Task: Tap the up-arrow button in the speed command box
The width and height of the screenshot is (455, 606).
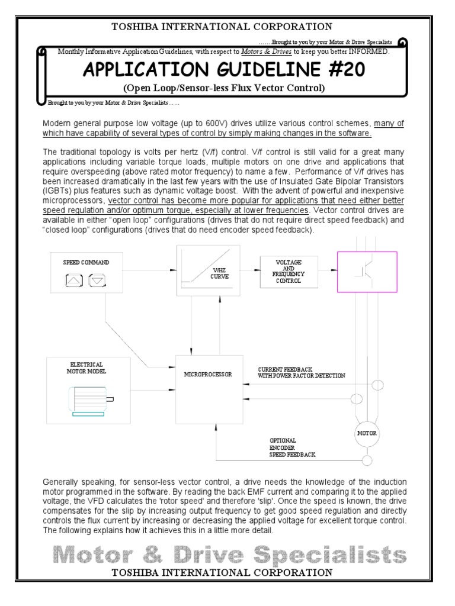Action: click(x=75, y=281)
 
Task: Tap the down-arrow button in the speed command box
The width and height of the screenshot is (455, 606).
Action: click(x=97, y=281)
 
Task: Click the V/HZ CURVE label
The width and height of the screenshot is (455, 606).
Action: click(x=221, y=273)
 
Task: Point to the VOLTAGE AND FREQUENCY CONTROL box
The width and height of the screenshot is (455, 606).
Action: click(x=289, y=272)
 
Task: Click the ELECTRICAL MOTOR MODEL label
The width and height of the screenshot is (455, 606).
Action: click(x=86, y=367)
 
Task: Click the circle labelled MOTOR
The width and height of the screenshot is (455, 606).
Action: click(x=366, y=433)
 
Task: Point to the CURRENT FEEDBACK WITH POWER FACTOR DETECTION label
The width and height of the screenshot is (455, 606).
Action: click(x=301, y=373)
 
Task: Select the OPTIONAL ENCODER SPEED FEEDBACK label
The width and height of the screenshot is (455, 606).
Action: click(x=293, y=447)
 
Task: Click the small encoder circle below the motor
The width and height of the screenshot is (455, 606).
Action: click(x=367, y=460)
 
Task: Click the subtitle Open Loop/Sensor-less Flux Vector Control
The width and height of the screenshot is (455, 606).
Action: click(x=224, y=89)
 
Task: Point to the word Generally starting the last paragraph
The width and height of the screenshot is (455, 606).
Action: click(x=60, y=479)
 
